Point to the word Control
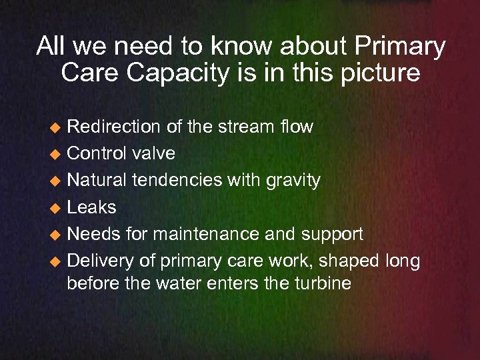click(97, 153)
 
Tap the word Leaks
click(91, 207)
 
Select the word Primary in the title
click(400, 47)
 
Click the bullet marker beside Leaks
click(57, 208)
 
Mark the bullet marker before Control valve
click(57, 154)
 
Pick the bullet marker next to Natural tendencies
click(57, 181)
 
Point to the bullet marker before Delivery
click(57, 261)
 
